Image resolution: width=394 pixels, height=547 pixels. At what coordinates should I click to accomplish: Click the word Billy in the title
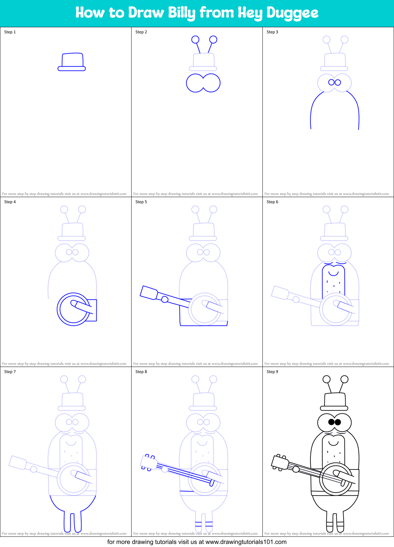[x=182, y=13]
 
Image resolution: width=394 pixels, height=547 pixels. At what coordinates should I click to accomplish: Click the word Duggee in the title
[x=292, y=13]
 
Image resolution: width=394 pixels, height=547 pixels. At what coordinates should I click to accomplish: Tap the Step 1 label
[x=10, y=32]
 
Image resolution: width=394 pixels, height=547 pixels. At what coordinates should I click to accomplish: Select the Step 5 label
[x=141, y=202]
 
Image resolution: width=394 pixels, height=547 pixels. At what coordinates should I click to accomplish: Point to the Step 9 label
[x=272, y=372]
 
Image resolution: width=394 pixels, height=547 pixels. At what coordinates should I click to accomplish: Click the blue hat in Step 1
[x=72, y=62]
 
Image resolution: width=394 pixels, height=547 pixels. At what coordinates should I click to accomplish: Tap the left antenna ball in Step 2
[x=195, y=39]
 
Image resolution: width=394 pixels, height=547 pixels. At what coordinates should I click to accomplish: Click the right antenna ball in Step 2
[x=213, y=39]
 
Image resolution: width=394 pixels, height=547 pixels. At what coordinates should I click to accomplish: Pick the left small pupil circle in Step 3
[x=331, y=82]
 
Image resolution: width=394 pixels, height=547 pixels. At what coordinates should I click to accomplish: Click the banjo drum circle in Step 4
[x=73, y=309]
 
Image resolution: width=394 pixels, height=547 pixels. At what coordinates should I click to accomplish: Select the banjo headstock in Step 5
[x=149, y=293]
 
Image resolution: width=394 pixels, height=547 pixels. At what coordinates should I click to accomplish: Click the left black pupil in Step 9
[x=331, y=422]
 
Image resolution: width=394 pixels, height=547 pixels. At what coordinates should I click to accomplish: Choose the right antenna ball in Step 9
[x=345, y=379]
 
